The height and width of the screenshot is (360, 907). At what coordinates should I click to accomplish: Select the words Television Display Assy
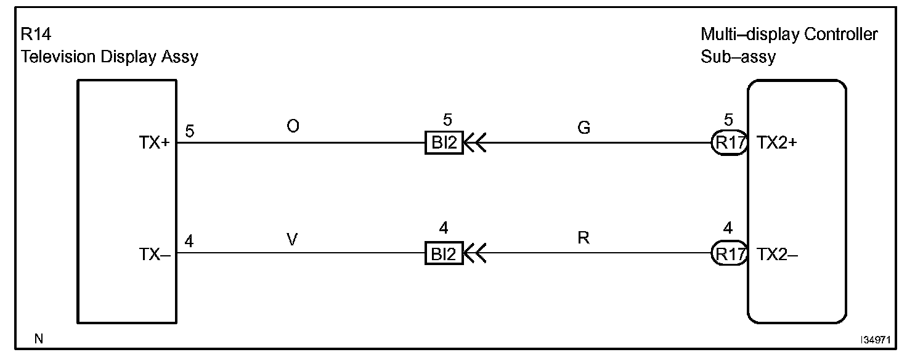(110, 57)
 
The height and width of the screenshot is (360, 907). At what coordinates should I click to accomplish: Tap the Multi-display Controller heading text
(789, 35)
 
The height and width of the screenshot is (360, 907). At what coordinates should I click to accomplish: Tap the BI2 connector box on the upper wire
(444, 144)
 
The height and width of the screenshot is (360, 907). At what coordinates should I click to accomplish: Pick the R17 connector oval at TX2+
(730, 144)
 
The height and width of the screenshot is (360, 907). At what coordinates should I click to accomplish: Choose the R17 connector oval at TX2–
(730, 253)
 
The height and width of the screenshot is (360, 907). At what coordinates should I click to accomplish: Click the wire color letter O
(293, 126)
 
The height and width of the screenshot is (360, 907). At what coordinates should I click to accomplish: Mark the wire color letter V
(293, 239)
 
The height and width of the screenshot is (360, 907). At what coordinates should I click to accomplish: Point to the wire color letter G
(584, 128)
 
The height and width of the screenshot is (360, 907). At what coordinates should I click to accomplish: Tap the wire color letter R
(584, 238)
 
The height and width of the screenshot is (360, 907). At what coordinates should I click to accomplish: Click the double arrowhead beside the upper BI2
(475, 144)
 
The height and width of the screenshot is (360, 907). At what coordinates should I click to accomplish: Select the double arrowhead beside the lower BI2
(475, 253)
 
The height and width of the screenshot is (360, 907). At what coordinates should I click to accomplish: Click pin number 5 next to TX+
(190, 131)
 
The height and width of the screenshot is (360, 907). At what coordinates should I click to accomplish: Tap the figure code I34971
(876, 340)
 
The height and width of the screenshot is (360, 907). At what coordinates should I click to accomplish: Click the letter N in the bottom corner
(39, 338)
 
